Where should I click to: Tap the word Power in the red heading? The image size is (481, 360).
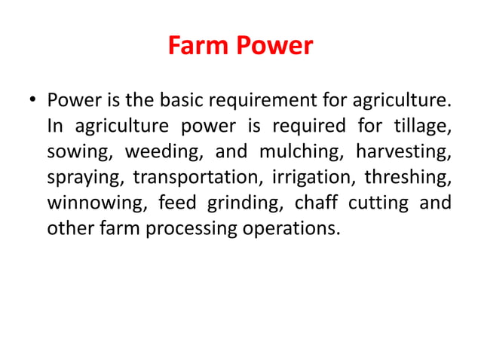click(x=274, y=47)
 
